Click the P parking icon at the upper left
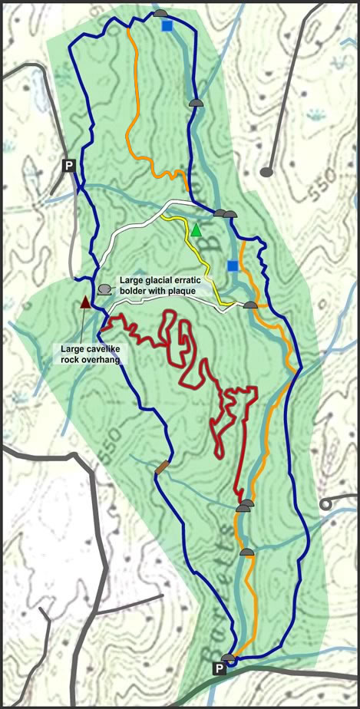click(69, 165)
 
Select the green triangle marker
click(197, 229)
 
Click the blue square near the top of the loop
click(167, 26)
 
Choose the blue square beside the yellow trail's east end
click(233, 265)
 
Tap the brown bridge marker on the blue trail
click(161, 468)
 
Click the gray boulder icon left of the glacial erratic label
click(104, 289)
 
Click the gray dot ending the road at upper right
click(266, 173)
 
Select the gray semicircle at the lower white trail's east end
click(250, 305)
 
